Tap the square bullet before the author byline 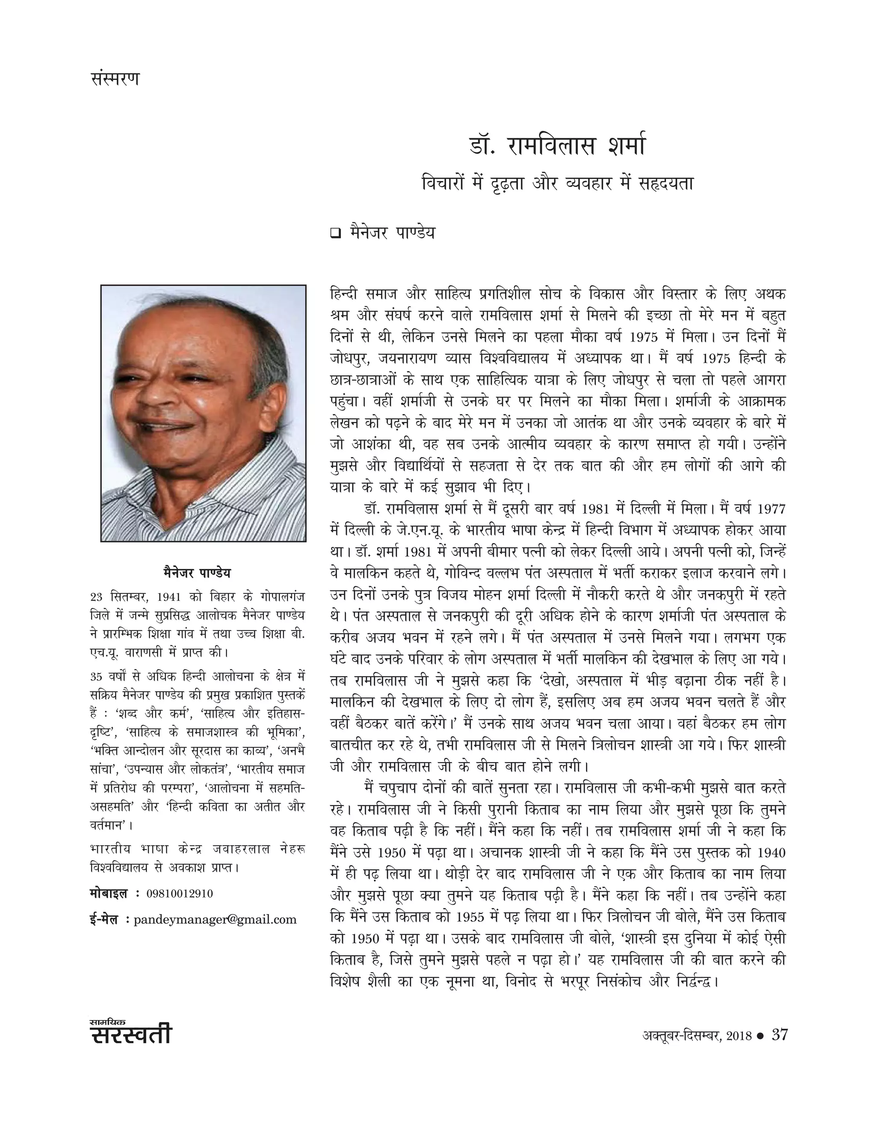[335, 234]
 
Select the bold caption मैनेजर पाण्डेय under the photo [197, 573]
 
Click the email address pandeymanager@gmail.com [215, 920]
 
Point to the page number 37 [779, 1035]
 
